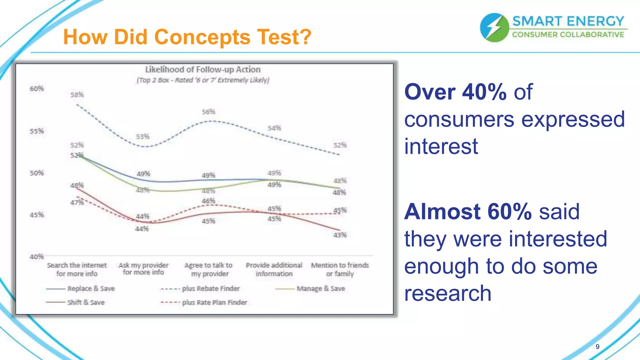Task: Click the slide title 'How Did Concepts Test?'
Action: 187,37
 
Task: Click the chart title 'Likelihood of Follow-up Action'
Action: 203,69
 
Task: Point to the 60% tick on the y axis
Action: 37,89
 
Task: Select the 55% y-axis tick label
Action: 37,131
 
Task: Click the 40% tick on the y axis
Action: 37,257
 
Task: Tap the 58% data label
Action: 77,95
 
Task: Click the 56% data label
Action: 208,112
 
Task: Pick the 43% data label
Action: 340,235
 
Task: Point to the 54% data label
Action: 274,128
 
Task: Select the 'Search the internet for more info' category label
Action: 77,269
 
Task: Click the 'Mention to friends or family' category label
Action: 340,269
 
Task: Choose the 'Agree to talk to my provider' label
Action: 209,269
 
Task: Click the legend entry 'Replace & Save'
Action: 91,289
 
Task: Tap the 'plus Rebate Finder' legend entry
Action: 211,289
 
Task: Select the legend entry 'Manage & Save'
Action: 321,289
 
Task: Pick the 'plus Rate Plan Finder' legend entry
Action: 214,302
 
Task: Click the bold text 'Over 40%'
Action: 455,92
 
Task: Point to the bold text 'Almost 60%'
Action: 468,212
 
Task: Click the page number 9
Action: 597,347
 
